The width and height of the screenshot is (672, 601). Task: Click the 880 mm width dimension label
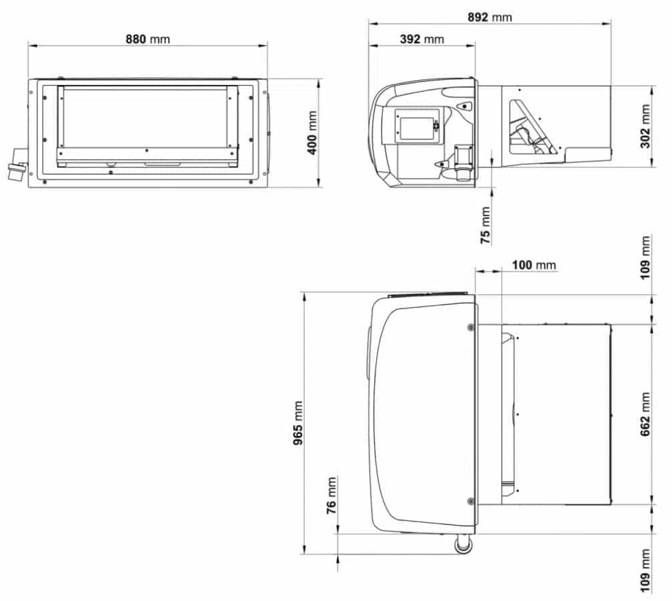(x=147, y=39)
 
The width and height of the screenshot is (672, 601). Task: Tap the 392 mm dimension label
(x=420, y=39)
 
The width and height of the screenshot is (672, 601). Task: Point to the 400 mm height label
(x=312, y=133)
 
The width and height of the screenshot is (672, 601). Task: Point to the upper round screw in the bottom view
(x=471, y=328)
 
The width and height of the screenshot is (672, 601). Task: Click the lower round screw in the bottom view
(x=471, y=501)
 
